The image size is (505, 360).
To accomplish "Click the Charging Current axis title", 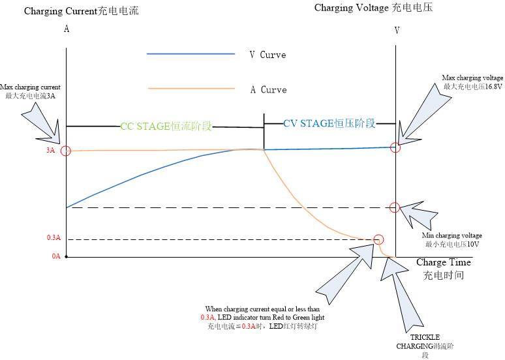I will coord(81,11).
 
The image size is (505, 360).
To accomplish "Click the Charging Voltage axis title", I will coord(373,8).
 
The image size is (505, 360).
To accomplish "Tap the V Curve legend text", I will coord(268,55).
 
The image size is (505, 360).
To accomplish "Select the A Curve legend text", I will coord(268,89).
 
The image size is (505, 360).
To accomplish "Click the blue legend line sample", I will coord(191,54).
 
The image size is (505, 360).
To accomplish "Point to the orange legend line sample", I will coord(191,88).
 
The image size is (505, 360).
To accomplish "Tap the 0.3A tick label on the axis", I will coord(54,238).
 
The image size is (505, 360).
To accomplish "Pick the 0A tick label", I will coord(56,256).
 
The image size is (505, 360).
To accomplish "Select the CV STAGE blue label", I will coord(329,123).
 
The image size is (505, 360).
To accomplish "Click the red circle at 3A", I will coord(65,151).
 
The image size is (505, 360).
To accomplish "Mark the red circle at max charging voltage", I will coord(395,147).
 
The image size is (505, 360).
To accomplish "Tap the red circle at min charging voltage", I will coord(395,207).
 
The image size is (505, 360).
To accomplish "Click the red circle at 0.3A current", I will coord(379,239).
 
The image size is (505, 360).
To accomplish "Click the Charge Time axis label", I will coord(444,268).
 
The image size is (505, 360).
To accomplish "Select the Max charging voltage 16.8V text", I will coord(472,82).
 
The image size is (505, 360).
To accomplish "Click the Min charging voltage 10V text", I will coord(453,239).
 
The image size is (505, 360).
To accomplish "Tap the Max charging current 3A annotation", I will coord(30,91).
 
